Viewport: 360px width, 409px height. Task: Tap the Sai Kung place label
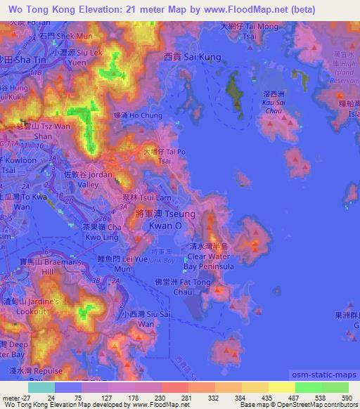pyautogui.click(x=192, y=56)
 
